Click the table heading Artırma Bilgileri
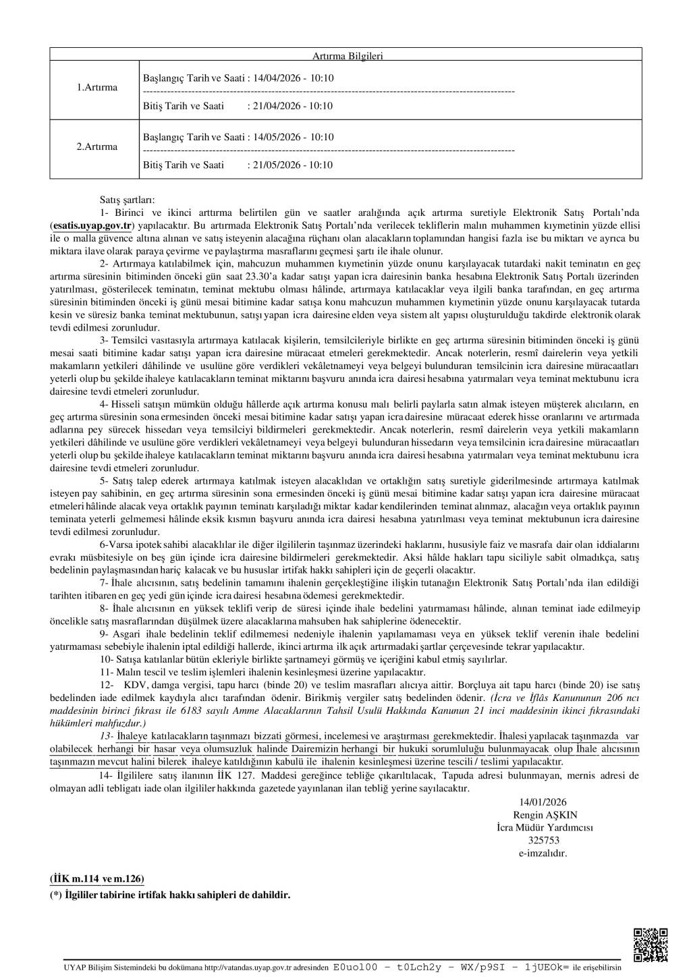coord(347,56)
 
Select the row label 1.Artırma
coord(96,88)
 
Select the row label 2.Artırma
coord(96,147)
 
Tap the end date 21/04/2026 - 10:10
coord(292,106)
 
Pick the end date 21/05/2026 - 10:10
coord(292,165)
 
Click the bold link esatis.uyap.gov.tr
coord(93,225)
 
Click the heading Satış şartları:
coord(127,200)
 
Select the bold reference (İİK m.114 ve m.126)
coord(97,878)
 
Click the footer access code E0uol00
coord(355,967)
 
